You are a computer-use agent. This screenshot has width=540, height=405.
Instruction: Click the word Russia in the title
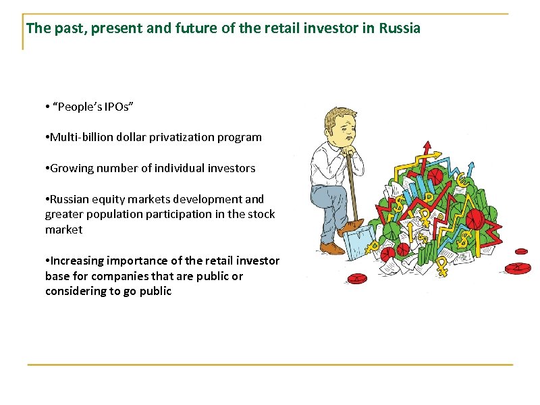tap(400, 29)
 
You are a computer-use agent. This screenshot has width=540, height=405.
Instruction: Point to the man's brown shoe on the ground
tap(332, 248)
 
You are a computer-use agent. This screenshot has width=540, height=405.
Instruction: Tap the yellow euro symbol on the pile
tap(462, 180)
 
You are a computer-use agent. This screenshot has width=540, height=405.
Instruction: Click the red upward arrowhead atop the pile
tap(426, 145)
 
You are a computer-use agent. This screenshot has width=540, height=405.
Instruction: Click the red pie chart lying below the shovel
tap(387, 254)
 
